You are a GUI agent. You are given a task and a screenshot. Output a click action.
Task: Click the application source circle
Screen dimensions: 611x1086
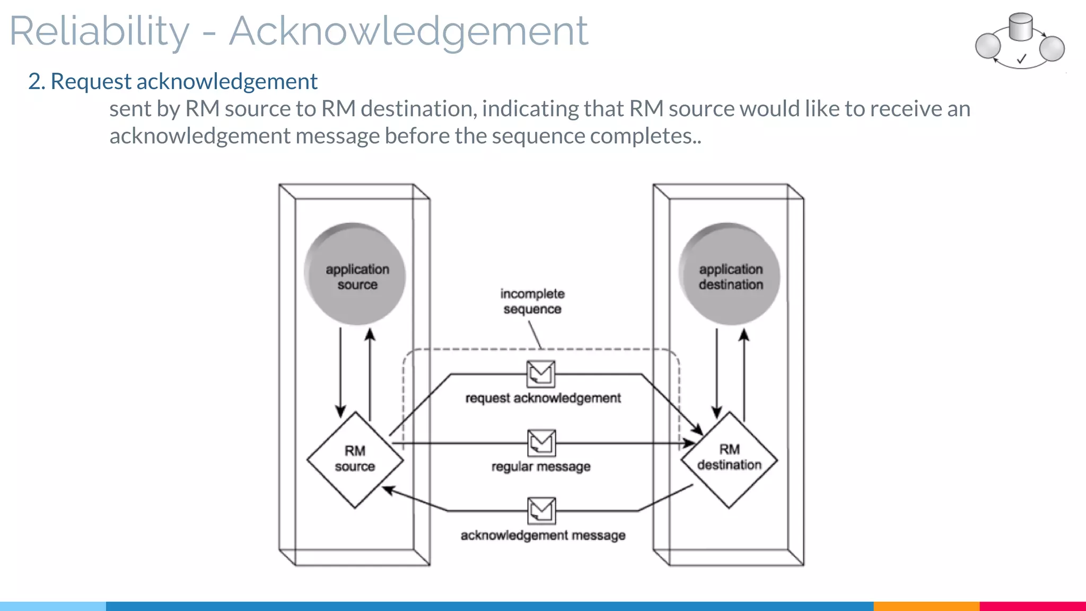point(355,274)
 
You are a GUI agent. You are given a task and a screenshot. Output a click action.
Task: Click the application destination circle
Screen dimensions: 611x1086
point(730,274)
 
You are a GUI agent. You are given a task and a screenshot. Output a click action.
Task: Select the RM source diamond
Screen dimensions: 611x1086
point(355,459)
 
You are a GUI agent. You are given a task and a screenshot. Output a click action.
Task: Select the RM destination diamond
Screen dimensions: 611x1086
point(729,459)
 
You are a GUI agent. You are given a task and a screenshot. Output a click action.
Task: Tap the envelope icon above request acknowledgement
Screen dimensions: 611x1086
point(541,374)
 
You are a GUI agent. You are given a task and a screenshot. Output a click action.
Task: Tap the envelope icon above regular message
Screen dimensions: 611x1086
point(541,443)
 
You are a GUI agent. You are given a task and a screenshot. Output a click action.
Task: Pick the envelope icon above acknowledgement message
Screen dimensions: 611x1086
point(541,511)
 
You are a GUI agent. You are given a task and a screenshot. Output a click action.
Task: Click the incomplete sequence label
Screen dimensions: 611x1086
point(532,301)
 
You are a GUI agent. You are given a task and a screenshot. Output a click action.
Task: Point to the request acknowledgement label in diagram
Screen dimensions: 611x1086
point(543,398)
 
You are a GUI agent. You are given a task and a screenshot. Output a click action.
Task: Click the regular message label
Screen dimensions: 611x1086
point(541,467)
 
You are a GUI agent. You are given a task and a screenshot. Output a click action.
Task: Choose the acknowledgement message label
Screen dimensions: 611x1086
point(543,535)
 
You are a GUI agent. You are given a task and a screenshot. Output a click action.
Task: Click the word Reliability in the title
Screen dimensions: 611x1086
point(99,32)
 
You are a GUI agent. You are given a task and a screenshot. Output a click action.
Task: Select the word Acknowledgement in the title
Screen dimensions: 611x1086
point(408,32)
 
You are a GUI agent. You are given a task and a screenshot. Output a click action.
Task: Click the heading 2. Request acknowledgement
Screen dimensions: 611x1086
point(173,82)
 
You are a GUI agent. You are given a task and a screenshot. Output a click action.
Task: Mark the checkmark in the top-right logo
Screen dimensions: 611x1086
point(1021,59)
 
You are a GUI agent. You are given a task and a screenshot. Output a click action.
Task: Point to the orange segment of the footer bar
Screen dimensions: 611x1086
point(926,606)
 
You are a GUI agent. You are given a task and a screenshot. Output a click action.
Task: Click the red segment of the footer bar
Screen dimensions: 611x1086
point(1032,606)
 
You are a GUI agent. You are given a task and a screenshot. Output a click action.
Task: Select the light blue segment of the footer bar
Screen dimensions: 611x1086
point(53,606)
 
